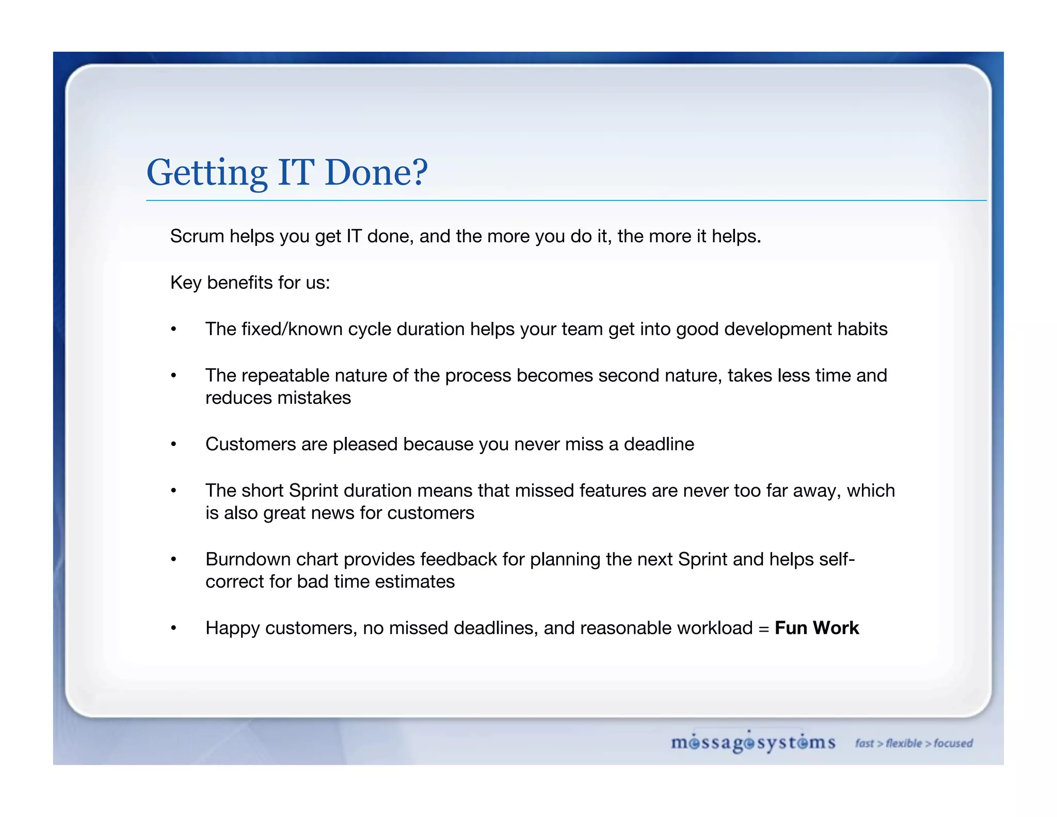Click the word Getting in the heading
(x=207, y=173)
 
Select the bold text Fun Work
(x=816, y=627)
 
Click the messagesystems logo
(x=753, y=743)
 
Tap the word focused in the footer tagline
(x=953, y=743)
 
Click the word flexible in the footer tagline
(x=904, y=743)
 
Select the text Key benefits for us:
(x=250, y=282)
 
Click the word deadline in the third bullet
(x=659, y=444)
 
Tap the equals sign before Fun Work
(x=764, y=629)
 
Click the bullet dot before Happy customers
(x=174, y=628)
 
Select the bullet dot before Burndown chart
(x=174, y=559)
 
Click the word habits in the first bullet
(x=862, y=329)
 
